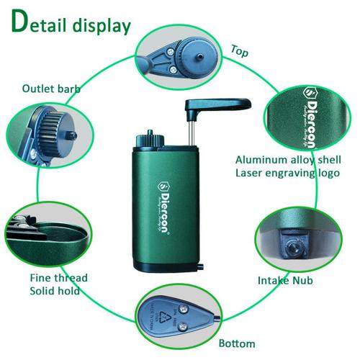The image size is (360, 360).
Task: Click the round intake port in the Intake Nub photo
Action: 294,246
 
